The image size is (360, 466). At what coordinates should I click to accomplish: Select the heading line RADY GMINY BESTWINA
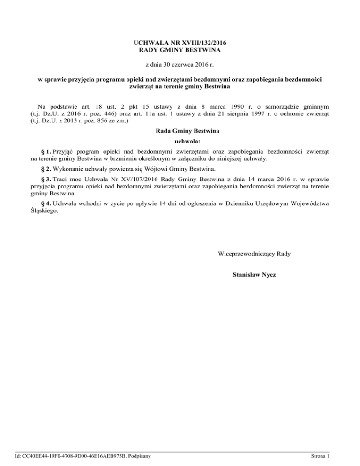180,50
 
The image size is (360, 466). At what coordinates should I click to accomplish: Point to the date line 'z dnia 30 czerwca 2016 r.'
180,65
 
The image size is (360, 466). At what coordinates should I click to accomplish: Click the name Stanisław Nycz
254,274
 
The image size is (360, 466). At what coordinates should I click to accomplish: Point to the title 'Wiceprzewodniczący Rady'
254,254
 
